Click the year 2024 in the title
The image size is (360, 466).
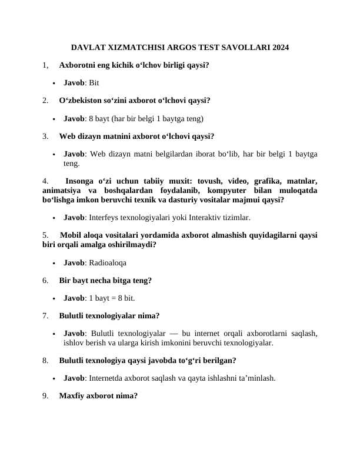(x=280, y=47)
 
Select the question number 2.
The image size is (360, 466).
(x=46, y=101)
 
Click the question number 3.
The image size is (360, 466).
(x=46, y=137)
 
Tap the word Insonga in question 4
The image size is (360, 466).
(x=80, y=181)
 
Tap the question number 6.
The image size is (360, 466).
(x=46, y=281)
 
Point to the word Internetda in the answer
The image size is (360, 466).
(x=108, y=378)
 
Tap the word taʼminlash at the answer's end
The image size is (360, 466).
(x=255, y=378)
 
